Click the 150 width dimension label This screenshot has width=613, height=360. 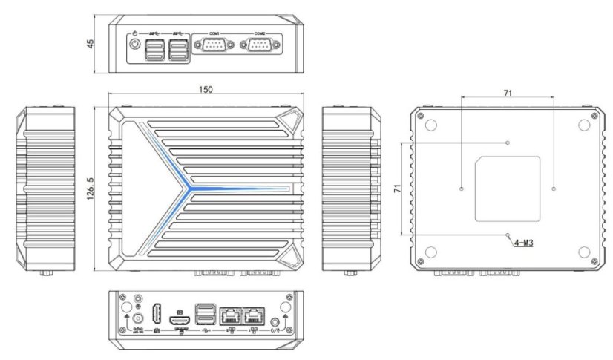pos(206,89)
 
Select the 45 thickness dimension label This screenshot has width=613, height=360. pos(90,43)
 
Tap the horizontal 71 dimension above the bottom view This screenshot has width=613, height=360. pos(508,94)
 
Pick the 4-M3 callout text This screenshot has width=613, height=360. pos(526,243)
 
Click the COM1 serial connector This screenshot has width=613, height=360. pos(214,48)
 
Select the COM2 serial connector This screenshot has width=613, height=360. pos(259,48)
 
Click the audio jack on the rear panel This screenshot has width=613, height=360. pos(276,321)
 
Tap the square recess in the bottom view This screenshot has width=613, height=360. pos(508,189)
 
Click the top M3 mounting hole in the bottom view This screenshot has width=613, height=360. pos(508,142)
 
